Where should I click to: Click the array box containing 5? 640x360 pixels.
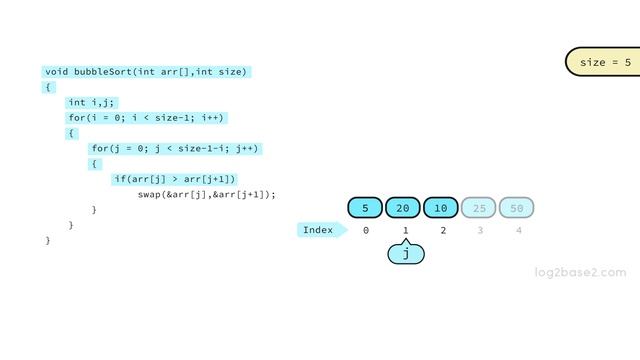tap(366, 208)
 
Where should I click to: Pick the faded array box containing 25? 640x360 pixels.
tap(480, 208)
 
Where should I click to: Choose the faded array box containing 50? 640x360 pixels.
tap(517, 208)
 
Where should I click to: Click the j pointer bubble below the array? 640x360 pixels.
tap(406, 254)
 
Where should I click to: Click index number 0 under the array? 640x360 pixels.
tap(366, 231)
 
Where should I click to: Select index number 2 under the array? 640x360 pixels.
tap(442, 231)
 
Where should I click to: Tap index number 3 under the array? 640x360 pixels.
tap(480, 231)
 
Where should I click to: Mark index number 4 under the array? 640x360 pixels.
tap(518, 231)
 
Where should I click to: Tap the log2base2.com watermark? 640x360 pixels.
tap(580, 272)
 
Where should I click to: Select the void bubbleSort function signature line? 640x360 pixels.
tap(146, 72)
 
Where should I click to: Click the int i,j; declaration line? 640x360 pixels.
tap(92, 102)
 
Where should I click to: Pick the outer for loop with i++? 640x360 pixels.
tap(146, 118)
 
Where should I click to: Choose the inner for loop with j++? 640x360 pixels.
tap(175, 149)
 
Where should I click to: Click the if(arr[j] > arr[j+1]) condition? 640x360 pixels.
tap(175, 179)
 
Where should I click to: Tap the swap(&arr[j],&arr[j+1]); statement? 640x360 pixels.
tap(206, 194)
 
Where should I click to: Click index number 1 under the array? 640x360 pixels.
tap(405, 231)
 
